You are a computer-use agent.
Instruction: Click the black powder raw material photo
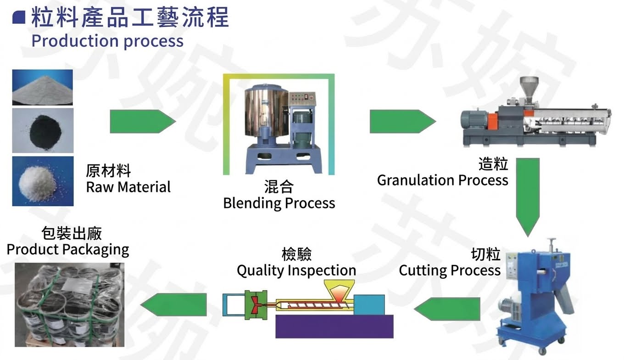tap(43, 130)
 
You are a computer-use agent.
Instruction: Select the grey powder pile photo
tap(43, 87)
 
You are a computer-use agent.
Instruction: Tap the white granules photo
tap(43, 181)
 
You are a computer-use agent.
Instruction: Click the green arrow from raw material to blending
tap(143, 121)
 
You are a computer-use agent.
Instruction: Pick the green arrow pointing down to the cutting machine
tap(528, 197)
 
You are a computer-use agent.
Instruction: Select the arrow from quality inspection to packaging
tap(173, 304)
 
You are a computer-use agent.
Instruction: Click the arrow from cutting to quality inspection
tap(447, 309)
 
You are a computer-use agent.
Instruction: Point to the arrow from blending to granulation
tap(403, 121)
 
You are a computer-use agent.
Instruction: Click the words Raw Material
tap(128, 187)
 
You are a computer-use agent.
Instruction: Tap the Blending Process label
tap(279, 203)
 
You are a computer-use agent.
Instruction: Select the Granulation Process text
tap(443, 180)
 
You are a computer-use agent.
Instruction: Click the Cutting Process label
tap(450, 270)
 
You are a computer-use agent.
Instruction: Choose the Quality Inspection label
tap(296, 270)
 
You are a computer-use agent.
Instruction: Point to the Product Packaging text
tap(68, 250)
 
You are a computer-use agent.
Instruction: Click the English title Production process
tap(107, 41)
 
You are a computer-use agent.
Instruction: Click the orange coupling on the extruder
tap(492, 121)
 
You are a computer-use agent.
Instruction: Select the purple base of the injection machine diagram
tap(334, 326)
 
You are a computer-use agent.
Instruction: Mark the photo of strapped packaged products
tap(70, 305)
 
